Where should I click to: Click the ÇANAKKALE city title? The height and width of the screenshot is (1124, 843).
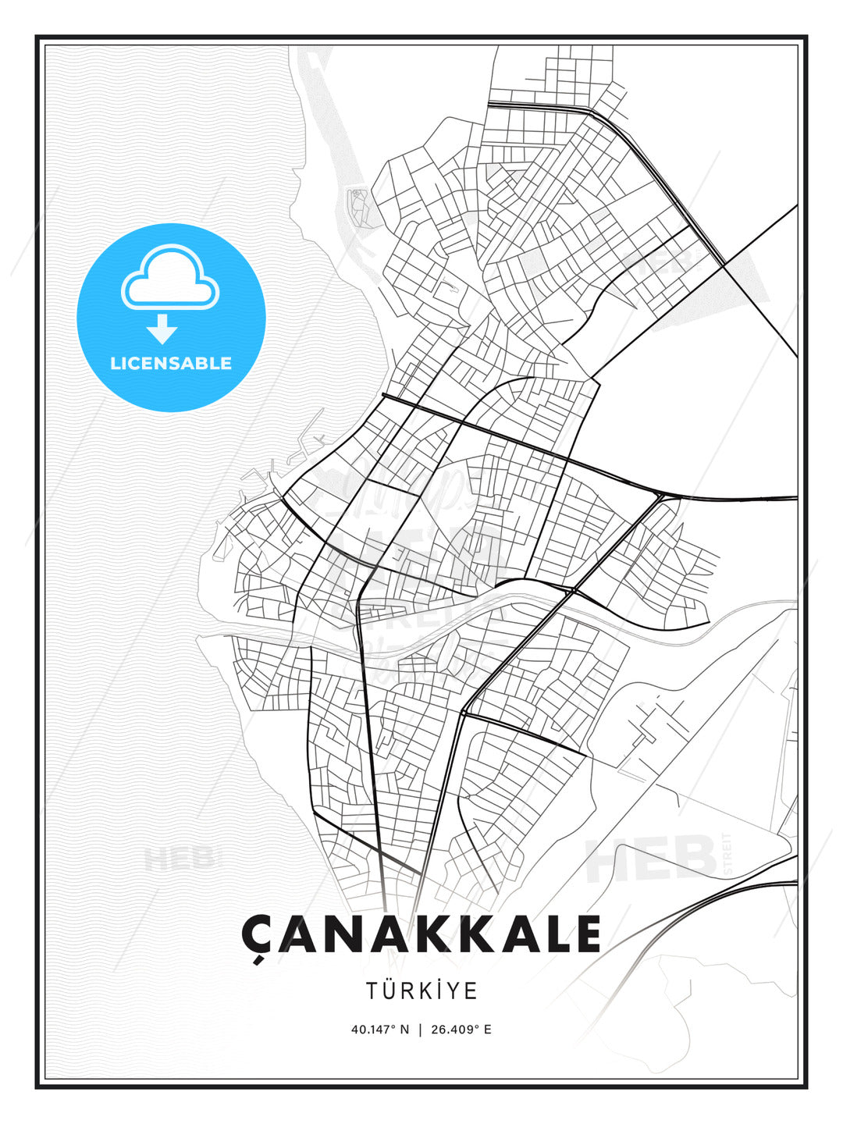click(x=421, y=934)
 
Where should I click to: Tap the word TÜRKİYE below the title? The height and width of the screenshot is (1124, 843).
click(x=421, y=991)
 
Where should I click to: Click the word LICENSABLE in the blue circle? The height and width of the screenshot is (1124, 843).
click(x=171, y=363)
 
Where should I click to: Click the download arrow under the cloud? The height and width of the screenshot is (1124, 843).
click(x=162, y=329)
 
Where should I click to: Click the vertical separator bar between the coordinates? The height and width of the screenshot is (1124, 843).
click(x=421, y=1030)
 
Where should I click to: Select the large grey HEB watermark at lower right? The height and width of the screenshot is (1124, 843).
click(x=652, y=859)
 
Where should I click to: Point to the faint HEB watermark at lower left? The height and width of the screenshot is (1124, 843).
click(x=180, y=859)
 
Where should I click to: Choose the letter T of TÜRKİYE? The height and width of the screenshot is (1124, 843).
click(x=372, y=991)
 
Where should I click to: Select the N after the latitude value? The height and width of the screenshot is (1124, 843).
click(x=404, y=1030)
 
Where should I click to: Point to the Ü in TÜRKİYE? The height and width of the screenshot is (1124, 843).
click(x=389, y=991)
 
